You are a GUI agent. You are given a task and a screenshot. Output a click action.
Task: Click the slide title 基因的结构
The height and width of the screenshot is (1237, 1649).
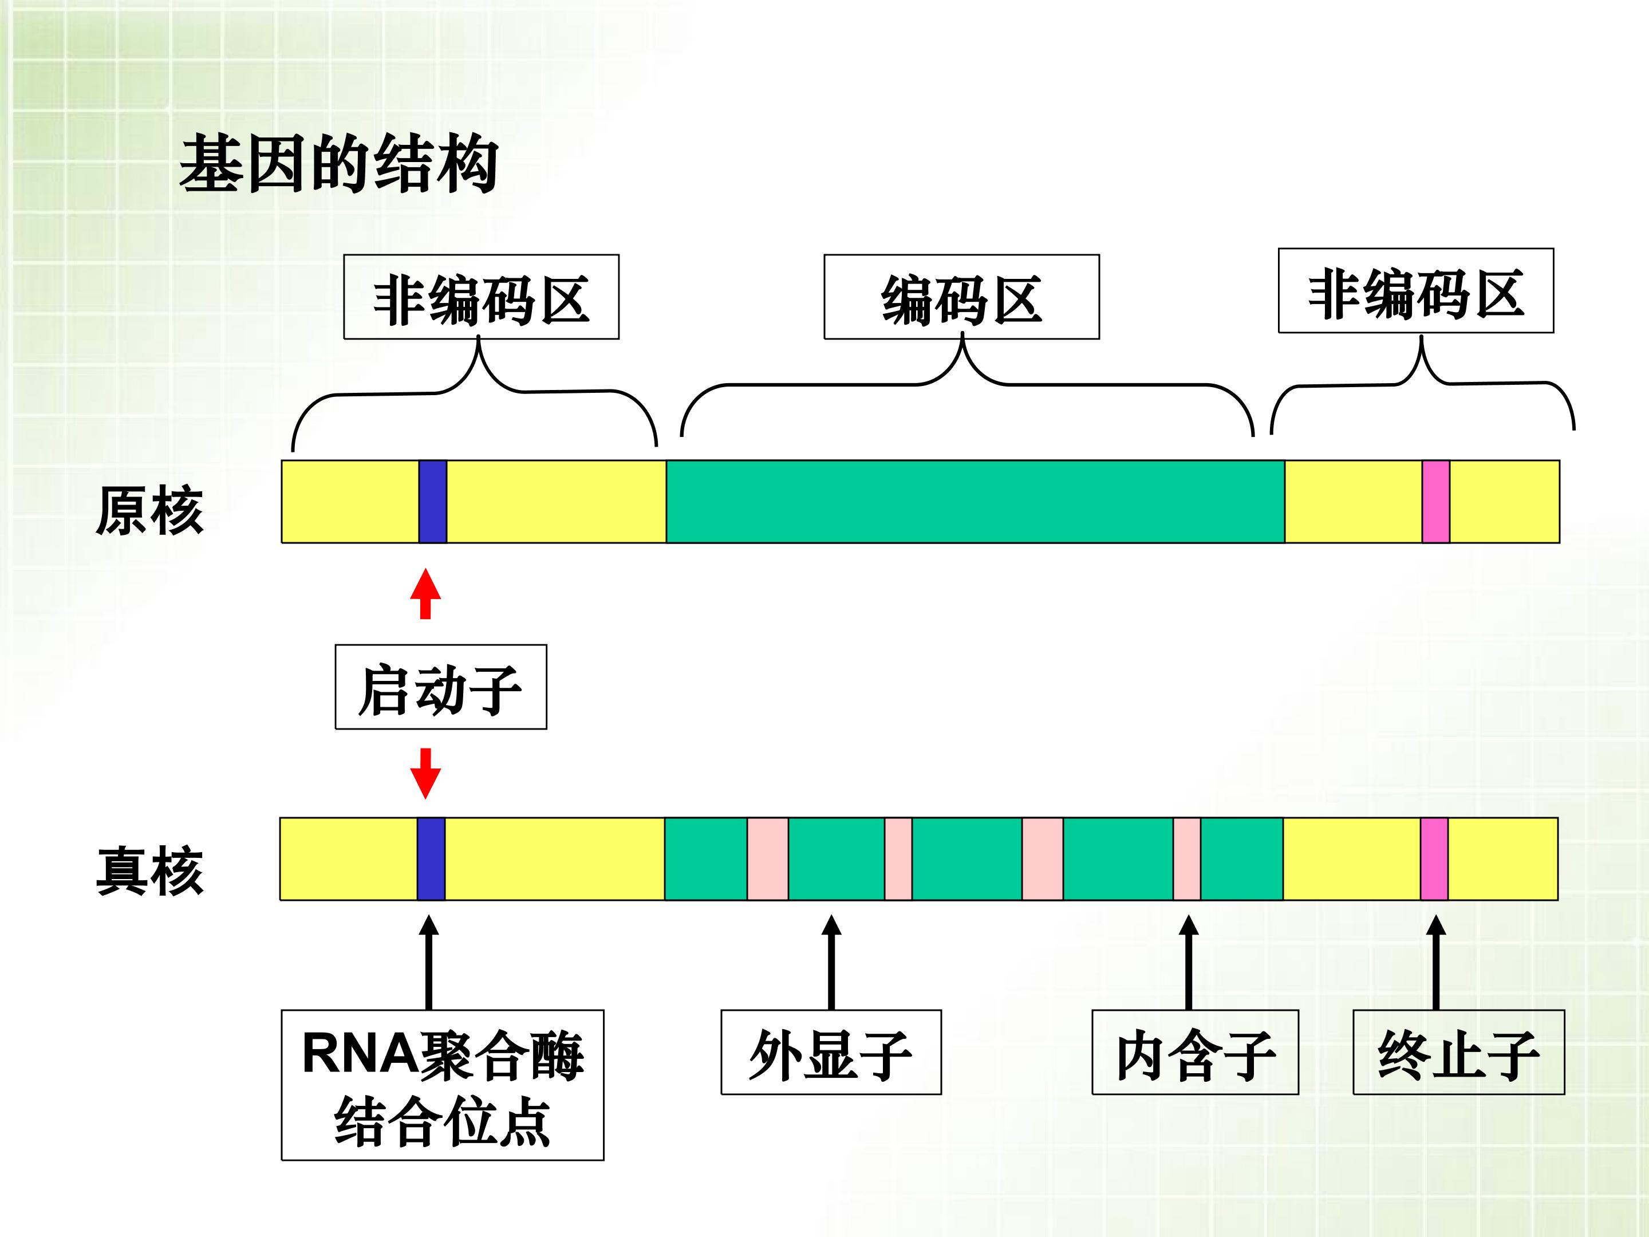pyautogui.click(x=339, y=163)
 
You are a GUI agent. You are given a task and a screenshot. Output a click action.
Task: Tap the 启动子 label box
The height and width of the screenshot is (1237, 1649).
pyautogui.click(x=440, y=687)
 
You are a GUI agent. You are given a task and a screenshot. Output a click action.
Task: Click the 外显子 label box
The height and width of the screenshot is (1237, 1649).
pyautogui.click(x=831, y=1052)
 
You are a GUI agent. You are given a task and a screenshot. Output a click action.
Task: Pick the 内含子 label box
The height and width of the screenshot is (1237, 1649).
pyautogui.click(x=1195, y=1052)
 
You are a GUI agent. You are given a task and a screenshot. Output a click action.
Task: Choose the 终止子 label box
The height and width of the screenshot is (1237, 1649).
pyautogui.click(x=1458, y=1052)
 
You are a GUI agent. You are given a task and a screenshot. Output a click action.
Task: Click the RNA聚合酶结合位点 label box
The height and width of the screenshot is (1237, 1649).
pyautogui.click(x=442, y=1085)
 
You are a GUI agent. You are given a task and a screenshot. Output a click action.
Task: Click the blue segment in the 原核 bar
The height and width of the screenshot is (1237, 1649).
pyautogui.click(x=432, y=501)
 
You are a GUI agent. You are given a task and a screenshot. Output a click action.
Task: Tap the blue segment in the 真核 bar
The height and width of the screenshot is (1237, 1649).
pyautogui.click(x=431, y=859)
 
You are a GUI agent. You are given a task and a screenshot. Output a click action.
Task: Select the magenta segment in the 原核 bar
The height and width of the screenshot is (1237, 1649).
pyautogui.click(x=1436, y=501)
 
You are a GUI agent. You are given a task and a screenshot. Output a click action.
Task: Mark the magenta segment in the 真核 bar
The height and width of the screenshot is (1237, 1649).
pyautogui.click(x=1434, y=859)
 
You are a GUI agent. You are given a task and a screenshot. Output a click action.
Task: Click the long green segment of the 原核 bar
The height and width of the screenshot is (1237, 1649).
pyautogui.click(x=975, y=501)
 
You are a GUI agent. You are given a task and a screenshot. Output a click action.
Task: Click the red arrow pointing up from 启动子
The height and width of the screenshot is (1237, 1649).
pyautogui.click(x=425, y=593)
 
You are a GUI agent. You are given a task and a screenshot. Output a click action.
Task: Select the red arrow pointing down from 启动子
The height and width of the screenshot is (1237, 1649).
pyautogui.click(x=425, y=774)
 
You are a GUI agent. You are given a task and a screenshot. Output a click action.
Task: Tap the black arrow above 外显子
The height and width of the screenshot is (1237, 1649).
pyautogui.click(x=831, y=962)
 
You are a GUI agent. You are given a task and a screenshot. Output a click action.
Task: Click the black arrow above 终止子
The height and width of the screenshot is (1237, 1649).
pyautogui.click(x=1436, y=962)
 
